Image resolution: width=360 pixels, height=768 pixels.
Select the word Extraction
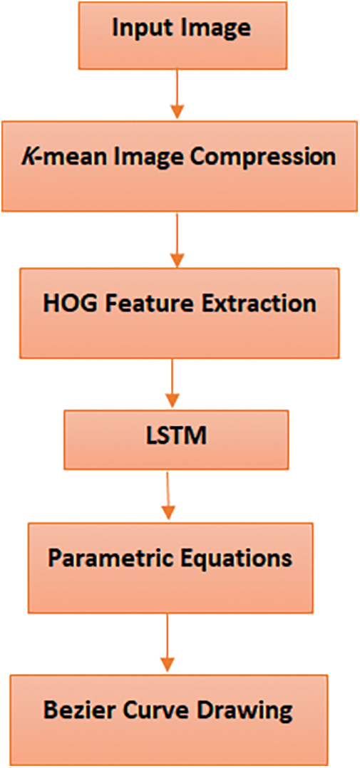(257, 303)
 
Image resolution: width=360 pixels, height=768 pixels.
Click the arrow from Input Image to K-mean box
(177, 93)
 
